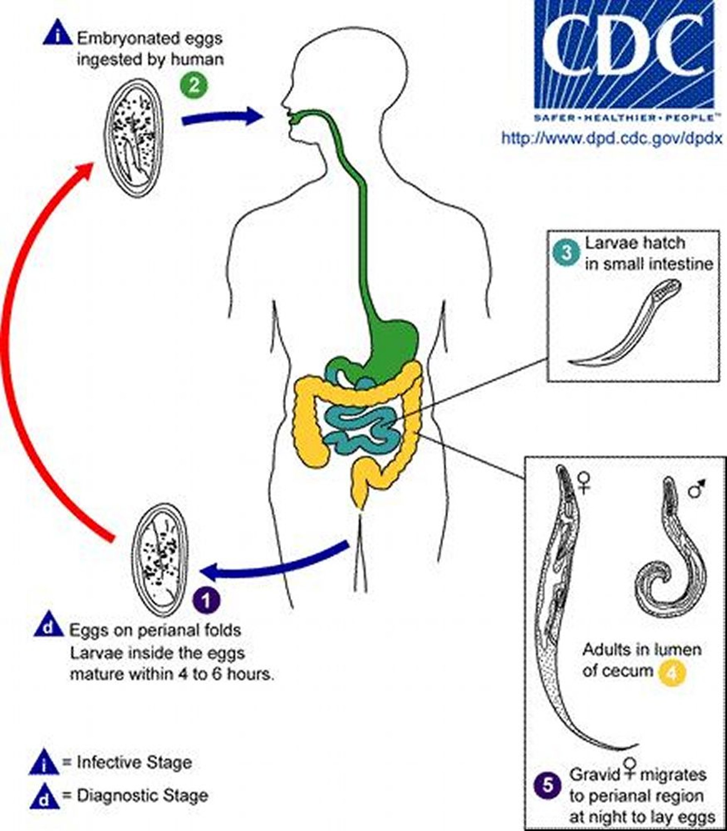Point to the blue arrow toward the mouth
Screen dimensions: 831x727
tap(221, 117)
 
